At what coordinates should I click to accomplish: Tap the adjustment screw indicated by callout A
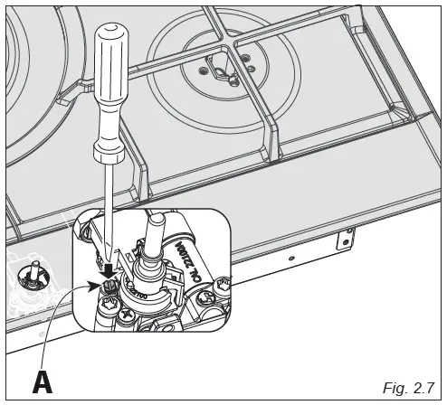pyautogui.click(x=109, y=287)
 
